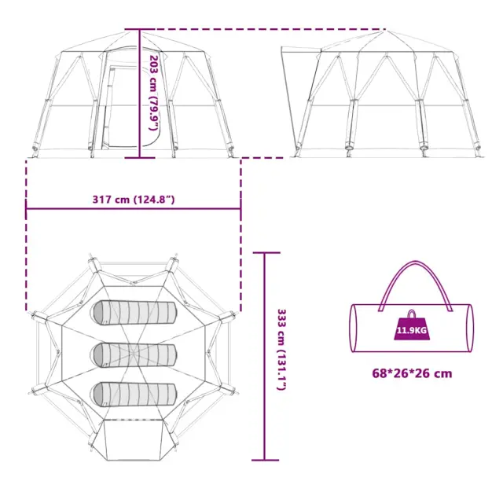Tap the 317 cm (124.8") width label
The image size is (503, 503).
(x=134, y=200)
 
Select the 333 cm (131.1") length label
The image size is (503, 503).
(x=281, y=350)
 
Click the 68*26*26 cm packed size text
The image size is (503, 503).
(x=412, y=373)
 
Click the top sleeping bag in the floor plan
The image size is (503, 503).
(x=134, y=313)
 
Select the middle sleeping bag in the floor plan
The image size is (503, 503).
(x=134, y=354)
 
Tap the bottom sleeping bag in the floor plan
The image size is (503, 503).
(x=134, y=395)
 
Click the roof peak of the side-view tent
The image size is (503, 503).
(x=387, y=31)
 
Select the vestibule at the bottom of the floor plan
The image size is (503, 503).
(x=133, y=439)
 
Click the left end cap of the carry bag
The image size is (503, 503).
(x=353, y=328)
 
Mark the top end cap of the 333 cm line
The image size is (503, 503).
(x=266, y=253)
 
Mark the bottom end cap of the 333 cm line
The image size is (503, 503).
(x=266, y=460)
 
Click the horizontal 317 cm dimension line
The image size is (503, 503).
(x=134, y=209)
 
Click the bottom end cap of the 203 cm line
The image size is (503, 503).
(x=140, y=157)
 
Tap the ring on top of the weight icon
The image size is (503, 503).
(x=412, y=314)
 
